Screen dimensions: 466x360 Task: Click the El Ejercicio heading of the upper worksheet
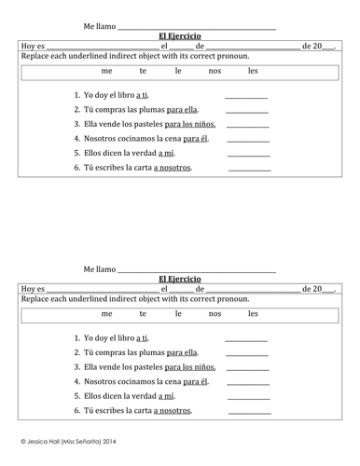tap(180, 36)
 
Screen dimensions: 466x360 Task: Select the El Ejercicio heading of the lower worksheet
tap(180, 279)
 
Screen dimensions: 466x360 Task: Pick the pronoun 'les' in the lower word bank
tap(253, 314)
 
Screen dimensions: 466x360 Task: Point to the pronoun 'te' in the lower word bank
tap(143, 314)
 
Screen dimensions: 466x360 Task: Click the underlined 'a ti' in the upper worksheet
tap(143, 95)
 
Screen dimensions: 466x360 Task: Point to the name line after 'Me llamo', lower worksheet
tap(197, 270)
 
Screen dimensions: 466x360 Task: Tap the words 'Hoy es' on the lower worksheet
tap(32, 289)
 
